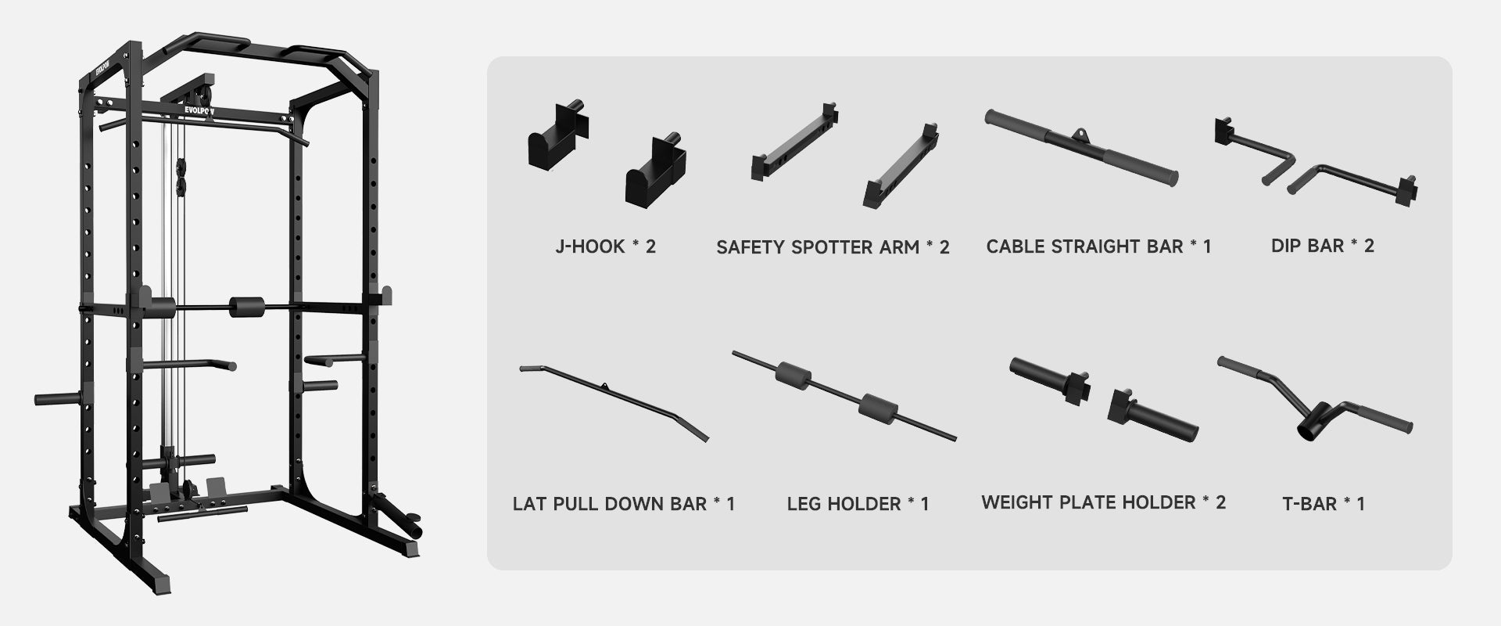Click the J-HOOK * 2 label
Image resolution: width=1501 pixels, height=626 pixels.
point(605,246)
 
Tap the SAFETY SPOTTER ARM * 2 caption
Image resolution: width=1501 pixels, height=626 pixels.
point(833,247)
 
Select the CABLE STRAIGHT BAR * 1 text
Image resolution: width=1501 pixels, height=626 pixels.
point(1098,246)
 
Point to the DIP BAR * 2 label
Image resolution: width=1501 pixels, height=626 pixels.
point(1322,246)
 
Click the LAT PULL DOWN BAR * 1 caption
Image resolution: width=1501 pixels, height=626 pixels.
point(624,503)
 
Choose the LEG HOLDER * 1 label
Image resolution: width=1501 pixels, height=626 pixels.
point(858,503)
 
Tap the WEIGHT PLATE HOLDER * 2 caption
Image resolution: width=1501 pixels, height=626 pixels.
point(1103,502)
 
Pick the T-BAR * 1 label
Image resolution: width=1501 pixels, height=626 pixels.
point(1324,503)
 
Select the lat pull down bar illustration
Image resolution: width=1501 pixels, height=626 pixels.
point(614,399)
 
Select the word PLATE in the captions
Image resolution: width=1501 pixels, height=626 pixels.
point(1099,502)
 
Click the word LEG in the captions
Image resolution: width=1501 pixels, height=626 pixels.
point(803,503)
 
